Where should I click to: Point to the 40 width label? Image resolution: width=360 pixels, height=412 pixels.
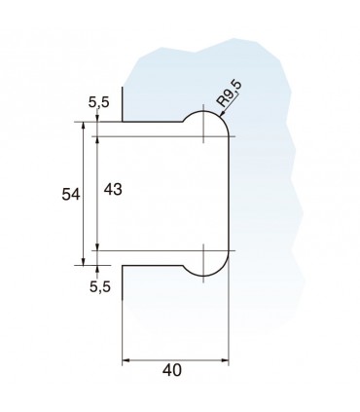173,371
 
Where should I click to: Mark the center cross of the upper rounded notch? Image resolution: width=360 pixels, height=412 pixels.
203,134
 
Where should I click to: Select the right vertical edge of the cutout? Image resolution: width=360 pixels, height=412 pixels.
230,195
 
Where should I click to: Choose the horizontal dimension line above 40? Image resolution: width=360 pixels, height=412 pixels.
175,359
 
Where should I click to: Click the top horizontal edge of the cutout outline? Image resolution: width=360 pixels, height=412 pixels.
151,122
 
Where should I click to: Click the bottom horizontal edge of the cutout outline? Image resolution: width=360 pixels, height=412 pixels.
151,264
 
